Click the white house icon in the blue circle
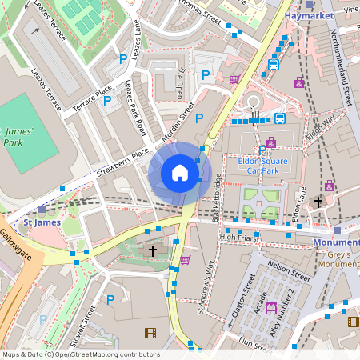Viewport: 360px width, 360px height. (180, 172)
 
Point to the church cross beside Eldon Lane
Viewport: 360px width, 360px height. (318, 202)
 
